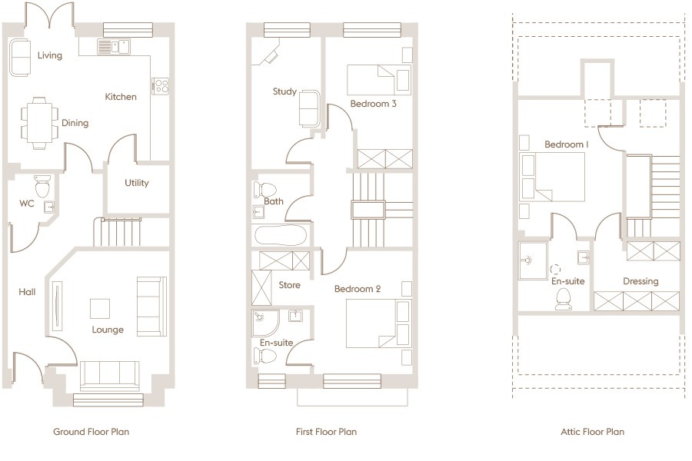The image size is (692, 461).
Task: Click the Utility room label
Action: [136, 183]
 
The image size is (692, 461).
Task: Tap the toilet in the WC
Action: [43, 186]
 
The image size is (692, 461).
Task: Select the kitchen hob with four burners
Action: [161, 85]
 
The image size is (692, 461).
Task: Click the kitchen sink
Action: [114, 47]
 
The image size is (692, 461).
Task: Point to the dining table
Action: [39, 123]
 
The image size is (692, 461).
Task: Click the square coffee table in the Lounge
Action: [100, 308]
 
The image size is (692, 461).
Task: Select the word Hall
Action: [27, 292]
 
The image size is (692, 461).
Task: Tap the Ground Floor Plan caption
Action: [91, 432]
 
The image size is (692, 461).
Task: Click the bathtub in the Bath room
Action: [281, 235]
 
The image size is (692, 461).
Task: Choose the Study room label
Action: [284, 91]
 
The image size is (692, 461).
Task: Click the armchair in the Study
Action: [309, 108]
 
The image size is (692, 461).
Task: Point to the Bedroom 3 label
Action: [374, 104]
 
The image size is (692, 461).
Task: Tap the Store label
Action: [290, 285]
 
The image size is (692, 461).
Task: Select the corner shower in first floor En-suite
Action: [265, 323]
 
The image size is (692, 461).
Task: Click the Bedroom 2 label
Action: [358, 289]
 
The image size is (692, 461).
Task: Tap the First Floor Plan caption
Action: [326, 432]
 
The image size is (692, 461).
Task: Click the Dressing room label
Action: [640, 281]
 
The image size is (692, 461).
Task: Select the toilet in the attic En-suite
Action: [563, 299]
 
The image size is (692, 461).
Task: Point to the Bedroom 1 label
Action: [566, 144]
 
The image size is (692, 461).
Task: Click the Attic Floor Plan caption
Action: [593, 432]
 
